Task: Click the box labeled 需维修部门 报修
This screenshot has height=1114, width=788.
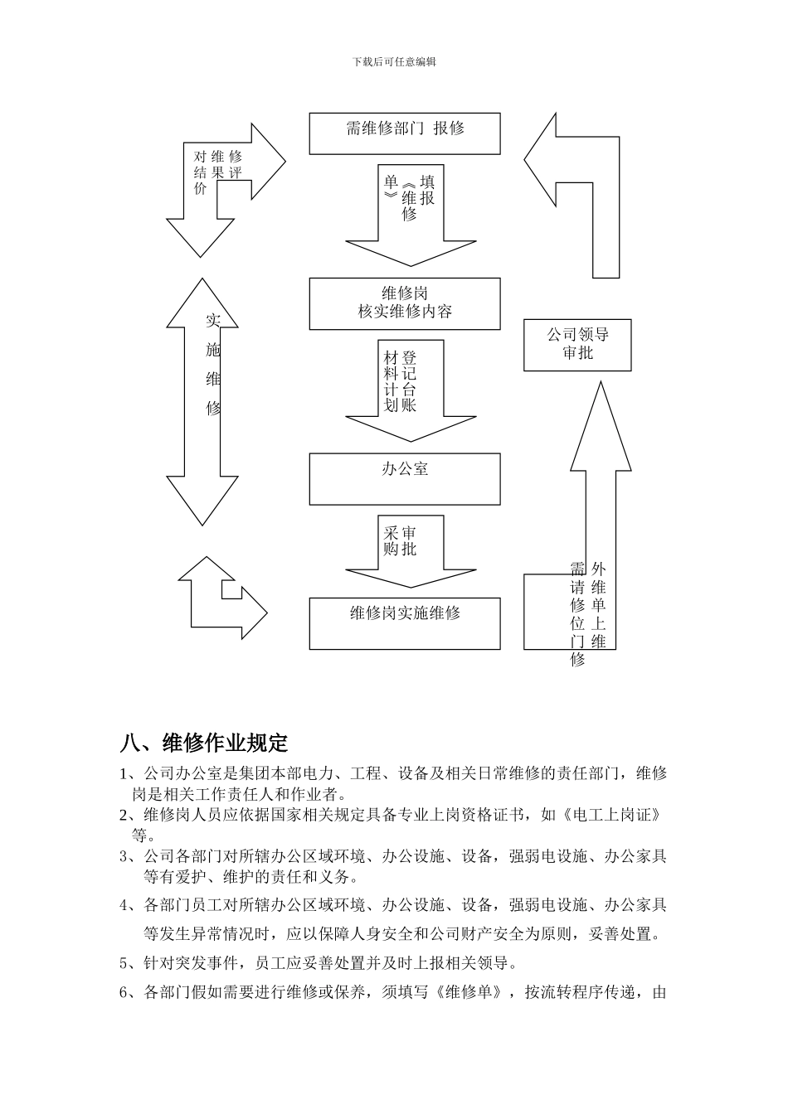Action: tap(405, 133)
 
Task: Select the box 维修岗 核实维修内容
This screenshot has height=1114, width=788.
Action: tap(405, 303)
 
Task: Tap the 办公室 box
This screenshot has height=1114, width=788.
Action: tap(405, 478)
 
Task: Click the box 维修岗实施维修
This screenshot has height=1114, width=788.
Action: tap(405, 622)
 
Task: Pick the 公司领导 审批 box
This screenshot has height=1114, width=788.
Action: tap(577, 344)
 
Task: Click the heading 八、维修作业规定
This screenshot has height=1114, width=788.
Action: tap(204, 741)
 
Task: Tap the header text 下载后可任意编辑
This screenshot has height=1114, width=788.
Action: tap(394, 61)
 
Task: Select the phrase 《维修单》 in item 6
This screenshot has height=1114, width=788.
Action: tap(469, 992)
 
